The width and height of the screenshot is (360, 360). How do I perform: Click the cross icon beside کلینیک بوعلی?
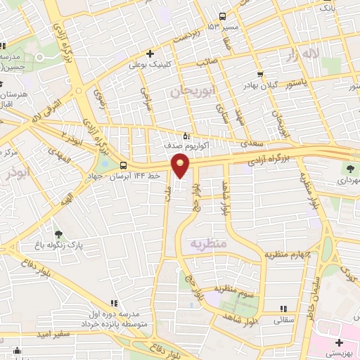pyautogui.click(x=149, y=53)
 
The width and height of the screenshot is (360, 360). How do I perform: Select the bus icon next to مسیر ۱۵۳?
pyautogui.click(x=222, y=16)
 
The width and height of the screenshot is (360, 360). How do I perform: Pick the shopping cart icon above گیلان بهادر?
pyautogui.click(x=261, y=73)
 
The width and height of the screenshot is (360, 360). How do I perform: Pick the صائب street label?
pyautogui.click(x=206, y=61)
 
